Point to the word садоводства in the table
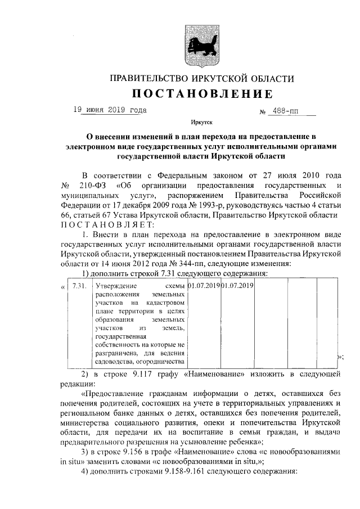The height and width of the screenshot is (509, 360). pos(116,362)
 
